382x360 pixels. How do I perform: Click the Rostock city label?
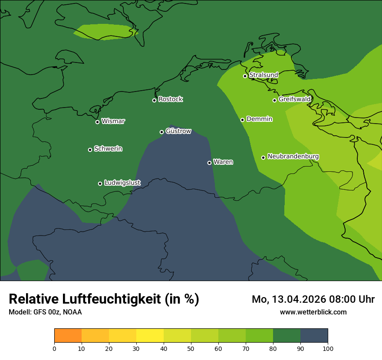pyautogui.click(x=170, y=99)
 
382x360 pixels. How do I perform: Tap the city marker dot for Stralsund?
pyautogui.click(x=245, y=76)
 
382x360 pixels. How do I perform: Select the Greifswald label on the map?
pyautogui.click(x=294, y=99)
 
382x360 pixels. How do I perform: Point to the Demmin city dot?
pyautogui.click(x=242, y=120)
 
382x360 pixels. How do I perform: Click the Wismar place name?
pyautogui.click(x=113, y=121)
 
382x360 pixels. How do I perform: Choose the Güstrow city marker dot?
pyautogui.click(x=161, y=132)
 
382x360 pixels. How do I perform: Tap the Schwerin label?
pyautogui.click(x=108, y=149)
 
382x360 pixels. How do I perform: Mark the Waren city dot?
pyautogui.click(x=209, y=163)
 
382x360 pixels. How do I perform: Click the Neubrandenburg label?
pyautogui.click(x=293, y=157)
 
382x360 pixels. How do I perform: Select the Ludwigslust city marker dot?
pyautogui.click(x=100, y=183)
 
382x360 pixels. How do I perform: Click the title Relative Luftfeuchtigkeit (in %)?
pyautogui.click(x=104, y=299)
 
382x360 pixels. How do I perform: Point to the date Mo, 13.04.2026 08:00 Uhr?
pyautogui.click(x=313, y=299)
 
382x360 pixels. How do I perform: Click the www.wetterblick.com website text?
pyautogui.click(x=313, y=312)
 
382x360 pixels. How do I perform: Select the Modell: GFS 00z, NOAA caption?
pyautogui.click(x=45, y=312)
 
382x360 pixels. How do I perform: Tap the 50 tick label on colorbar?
pyautogui.click(x=191, y=348)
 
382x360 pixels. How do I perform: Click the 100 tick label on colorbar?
pyautogui.click(x=328, y=348)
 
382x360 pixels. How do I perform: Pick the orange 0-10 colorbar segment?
pyautogui.click(x=68, y=336)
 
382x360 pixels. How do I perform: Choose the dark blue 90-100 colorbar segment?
pyautogui.click(x=314, y=336)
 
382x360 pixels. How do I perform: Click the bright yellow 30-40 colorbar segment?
pyautogui.click(x=150, y=336)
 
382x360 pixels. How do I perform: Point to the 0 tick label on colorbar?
pyautogui.click(x=54, y=348)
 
